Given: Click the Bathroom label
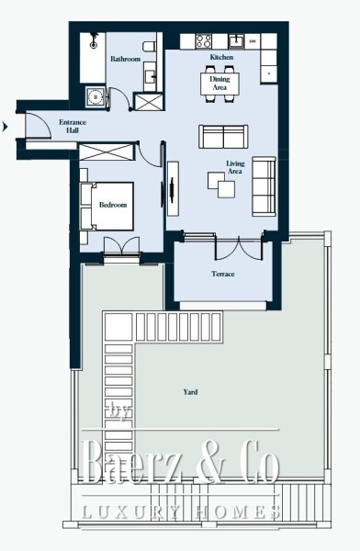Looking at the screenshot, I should pyautogui.click(x=125, y=59).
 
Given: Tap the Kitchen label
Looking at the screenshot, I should pyautogui.click(x=221, y=58).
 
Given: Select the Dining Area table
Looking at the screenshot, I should pyautogui.click(x=221, y=84).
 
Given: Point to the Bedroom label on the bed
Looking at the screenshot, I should pyautogui.click(x=112, y=205).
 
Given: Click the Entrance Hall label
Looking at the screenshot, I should pyautogui.click(x=73, y=127).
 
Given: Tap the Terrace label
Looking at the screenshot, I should pyautogui.click(x=223, y=274).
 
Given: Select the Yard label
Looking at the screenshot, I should pyautogui.click(x=189, y=392).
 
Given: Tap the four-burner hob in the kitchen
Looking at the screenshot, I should pyautogui.click(x=203, y=40).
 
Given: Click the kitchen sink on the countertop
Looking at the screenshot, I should pyautogui.click(x=236, y=40).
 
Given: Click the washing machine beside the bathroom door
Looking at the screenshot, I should pyautogui.click(x=93, y=96).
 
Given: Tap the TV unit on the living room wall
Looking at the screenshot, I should pyautogui.click(x=171, y=190).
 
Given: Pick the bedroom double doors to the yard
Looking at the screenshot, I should pyautogui.click(x=121, y=247).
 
